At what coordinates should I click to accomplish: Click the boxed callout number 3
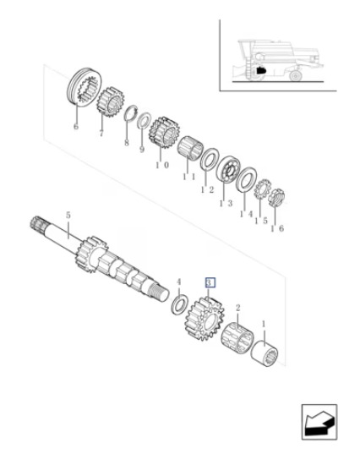point(210,282)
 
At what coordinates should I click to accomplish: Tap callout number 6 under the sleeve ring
point(76,126)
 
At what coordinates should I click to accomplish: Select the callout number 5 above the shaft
point(68,216)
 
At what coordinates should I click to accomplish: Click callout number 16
point(277,228)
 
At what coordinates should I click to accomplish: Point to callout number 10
point(162,166)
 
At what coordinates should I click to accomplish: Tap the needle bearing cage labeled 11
point(190,148)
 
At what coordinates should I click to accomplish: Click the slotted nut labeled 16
point(276,197)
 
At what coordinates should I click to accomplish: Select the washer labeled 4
point(179,304)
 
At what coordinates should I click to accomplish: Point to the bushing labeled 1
point(265,354)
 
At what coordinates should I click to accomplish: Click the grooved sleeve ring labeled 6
point(83,87)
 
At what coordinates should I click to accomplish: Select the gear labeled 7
point(110,101)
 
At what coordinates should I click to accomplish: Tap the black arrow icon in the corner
point(319,422)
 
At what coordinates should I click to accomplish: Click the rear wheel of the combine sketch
point(296,76)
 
